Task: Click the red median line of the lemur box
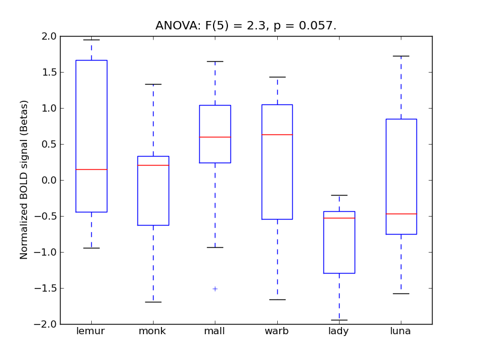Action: (x=91, y=169)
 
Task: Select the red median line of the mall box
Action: (x=215, y=137)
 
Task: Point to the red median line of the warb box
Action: (x=277, y=134)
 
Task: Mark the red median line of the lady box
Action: (x=339, y=218)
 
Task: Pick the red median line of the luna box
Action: (x=401, y=214)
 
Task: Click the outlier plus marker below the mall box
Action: (x=215, y=289)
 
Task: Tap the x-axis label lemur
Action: (x=91, y=331)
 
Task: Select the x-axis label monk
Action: (x=153, y=331)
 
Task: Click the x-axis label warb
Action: (x=277, y=331)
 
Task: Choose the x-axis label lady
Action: (x=339, y=331)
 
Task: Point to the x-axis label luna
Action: (x=401, y=331)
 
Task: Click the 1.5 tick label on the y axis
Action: (x=49, y=72)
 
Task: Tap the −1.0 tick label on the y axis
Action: (x=47, y=252)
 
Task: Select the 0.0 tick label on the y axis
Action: (x=49, y=180)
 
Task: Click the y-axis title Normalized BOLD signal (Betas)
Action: (x=24, y=180)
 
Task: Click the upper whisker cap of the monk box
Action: (x=153, y=84)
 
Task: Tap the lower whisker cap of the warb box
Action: (x=277, y=299)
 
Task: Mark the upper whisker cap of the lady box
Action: (x=339, y=195)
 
